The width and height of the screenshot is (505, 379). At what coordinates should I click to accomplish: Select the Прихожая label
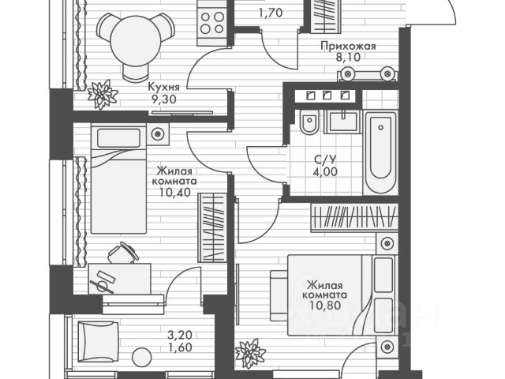347,47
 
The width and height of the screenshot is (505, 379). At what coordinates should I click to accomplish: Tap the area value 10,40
175,191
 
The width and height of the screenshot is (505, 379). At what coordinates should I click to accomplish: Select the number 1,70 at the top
271,12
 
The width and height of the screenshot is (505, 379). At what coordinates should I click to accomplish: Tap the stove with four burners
212,23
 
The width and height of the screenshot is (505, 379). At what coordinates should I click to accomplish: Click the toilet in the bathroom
309,127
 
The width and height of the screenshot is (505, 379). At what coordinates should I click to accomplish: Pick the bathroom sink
342,126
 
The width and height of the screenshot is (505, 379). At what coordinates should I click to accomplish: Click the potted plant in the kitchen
103,95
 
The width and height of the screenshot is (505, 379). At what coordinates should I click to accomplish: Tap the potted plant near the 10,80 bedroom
251,351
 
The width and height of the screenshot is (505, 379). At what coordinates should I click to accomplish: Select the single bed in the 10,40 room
118,178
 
